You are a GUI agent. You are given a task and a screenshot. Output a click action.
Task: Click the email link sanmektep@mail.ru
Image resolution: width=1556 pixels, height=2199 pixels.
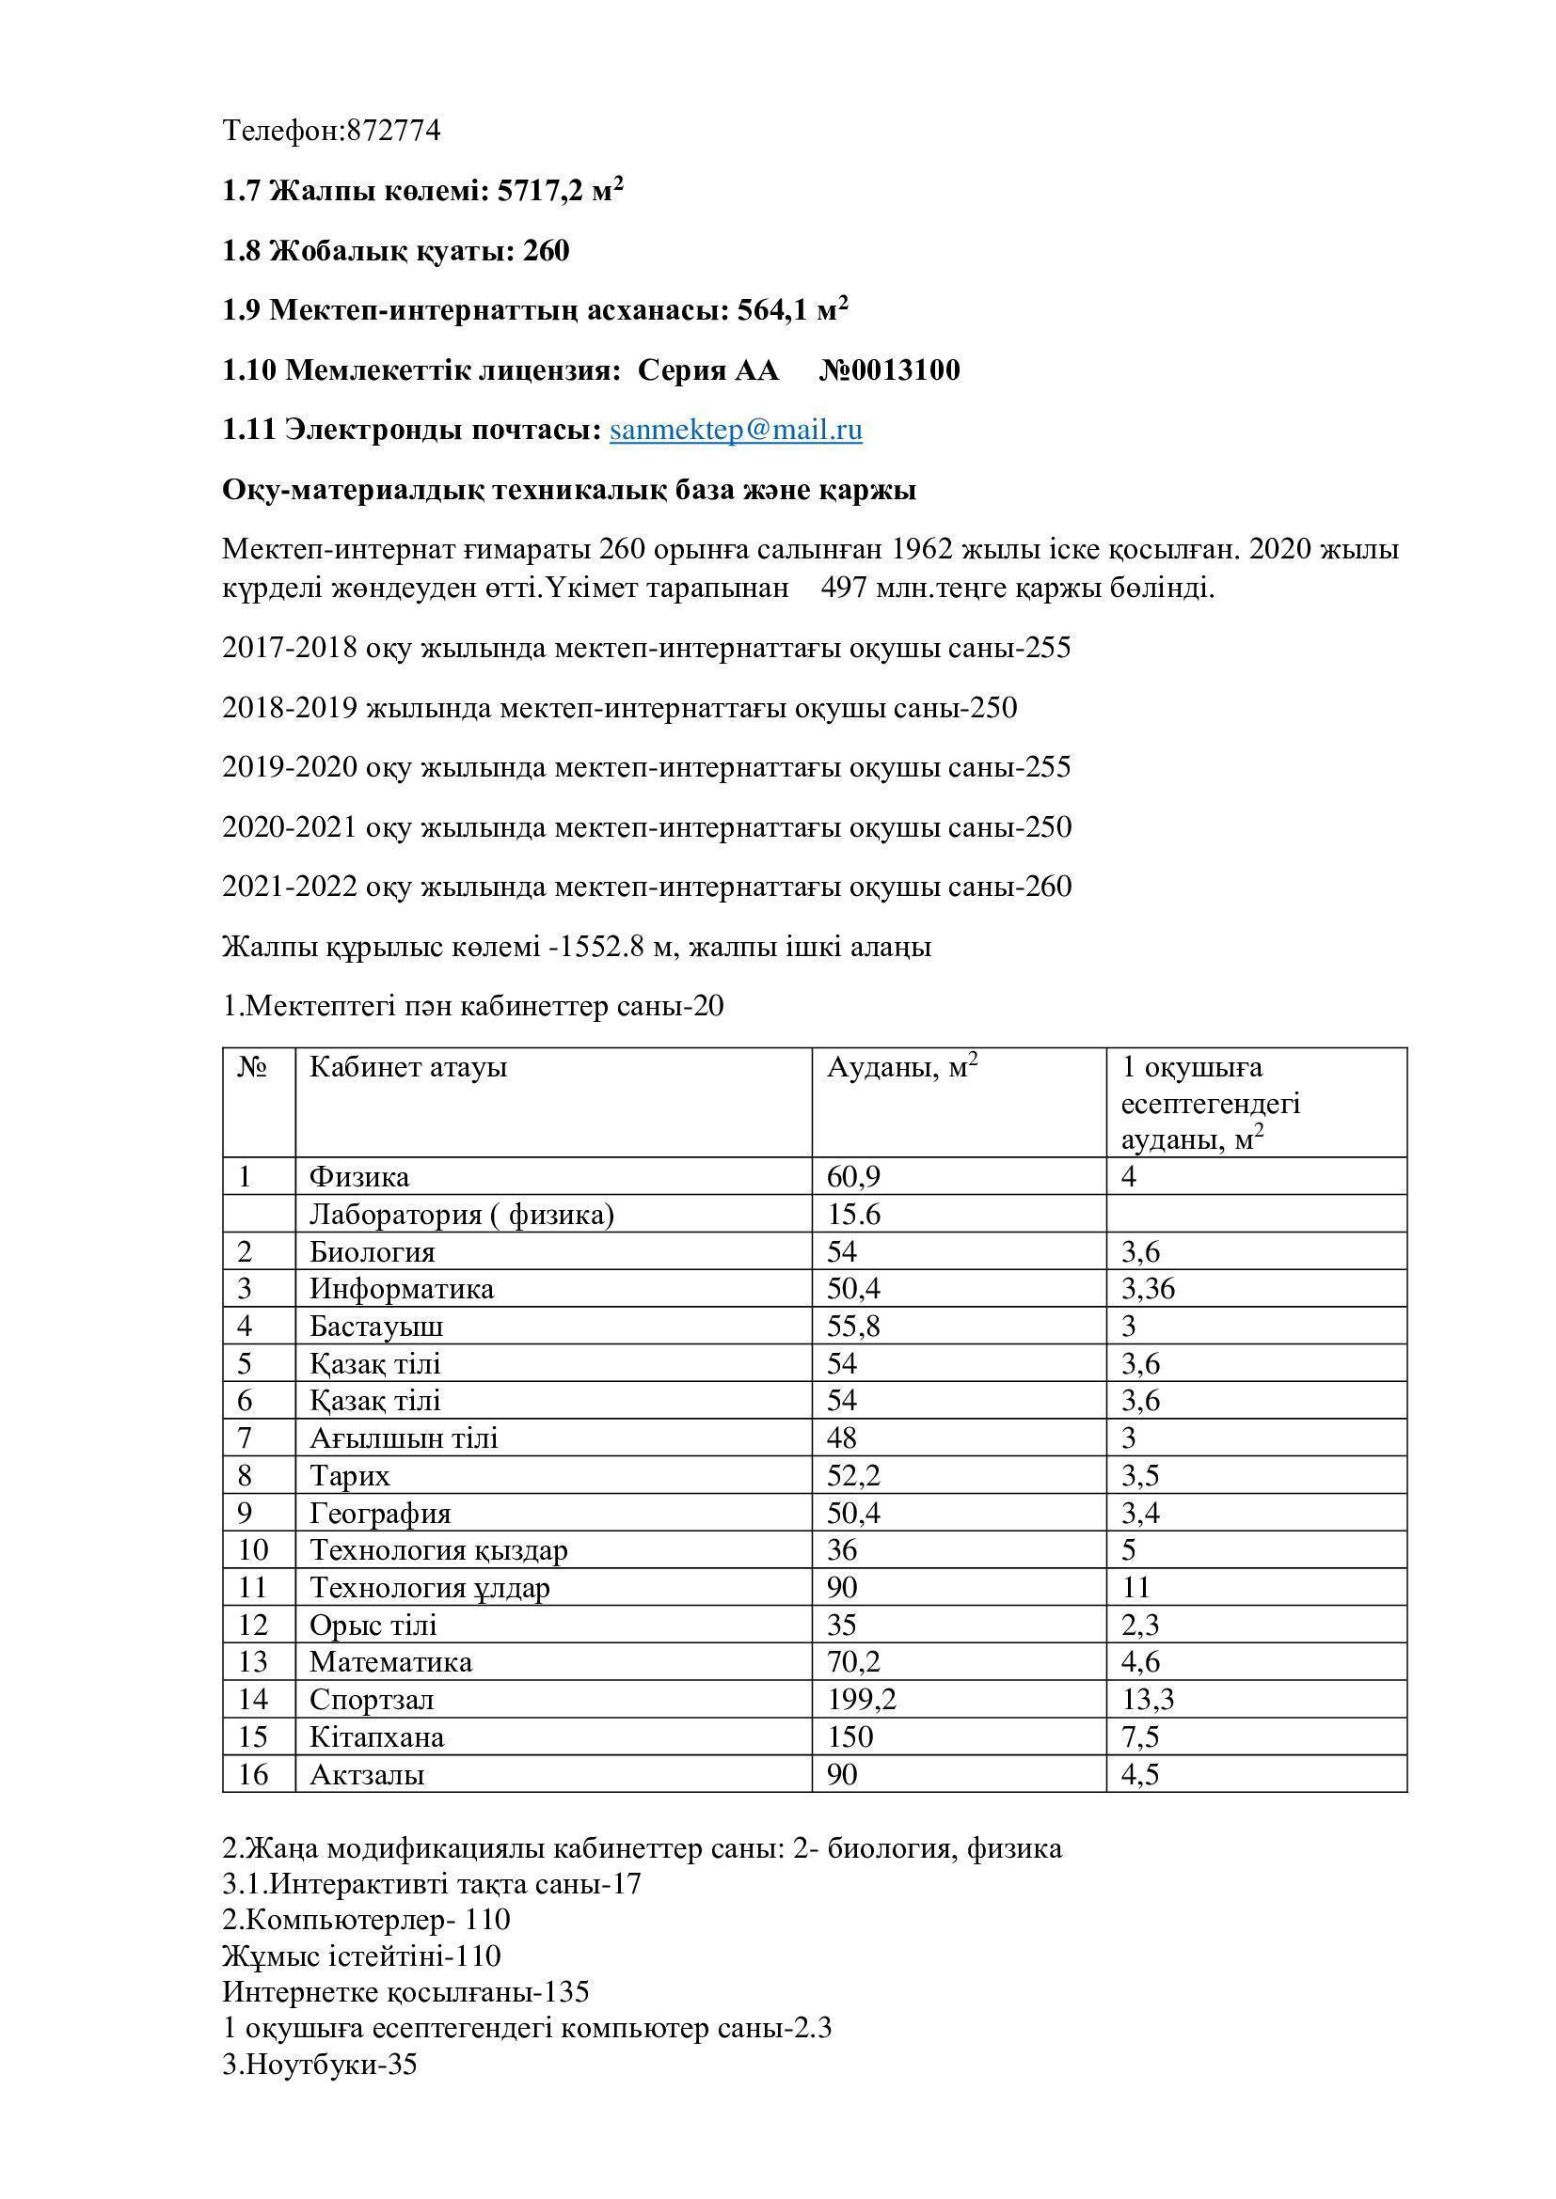coord(735,430)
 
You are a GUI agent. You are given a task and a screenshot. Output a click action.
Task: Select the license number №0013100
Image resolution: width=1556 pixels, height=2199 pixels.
coord(889,369)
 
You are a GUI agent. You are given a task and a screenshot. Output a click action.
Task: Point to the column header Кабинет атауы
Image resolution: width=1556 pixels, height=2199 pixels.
coord(408,1067)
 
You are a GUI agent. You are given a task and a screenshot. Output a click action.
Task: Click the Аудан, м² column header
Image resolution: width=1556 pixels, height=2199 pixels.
coord(901,1067)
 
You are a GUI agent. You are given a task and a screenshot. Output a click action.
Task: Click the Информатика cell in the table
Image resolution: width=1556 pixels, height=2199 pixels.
coord(402,1289)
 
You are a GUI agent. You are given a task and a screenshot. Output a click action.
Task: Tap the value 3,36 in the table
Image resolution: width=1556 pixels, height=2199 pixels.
coord(1148,1289)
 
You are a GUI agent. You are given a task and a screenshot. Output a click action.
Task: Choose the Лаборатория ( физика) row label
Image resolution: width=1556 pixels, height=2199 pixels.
coord(461,1215)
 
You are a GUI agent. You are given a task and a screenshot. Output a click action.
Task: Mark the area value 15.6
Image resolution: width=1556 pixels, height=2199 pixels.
coord(853,1215)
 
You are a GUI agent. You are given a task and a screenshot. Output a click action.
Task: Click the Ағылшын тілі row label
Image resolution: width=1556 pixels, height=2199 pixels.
coord(404,1438)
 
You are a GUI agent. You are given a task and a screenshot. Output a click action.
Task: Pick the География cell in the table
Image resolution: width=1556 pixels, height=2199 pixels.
coord(379,1514)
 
